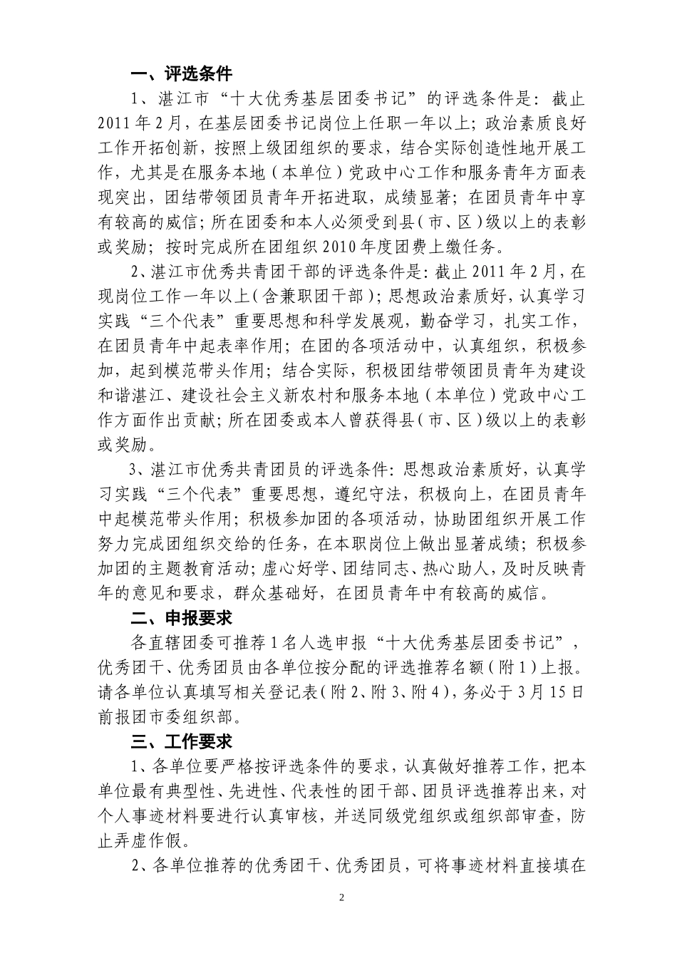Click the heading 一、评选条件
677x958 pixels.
click(x=182, y=73)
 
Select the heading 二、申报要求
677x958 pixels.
click(x=182, y=618)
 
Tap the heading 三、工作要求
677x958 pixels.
click(x=182, y=741)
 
